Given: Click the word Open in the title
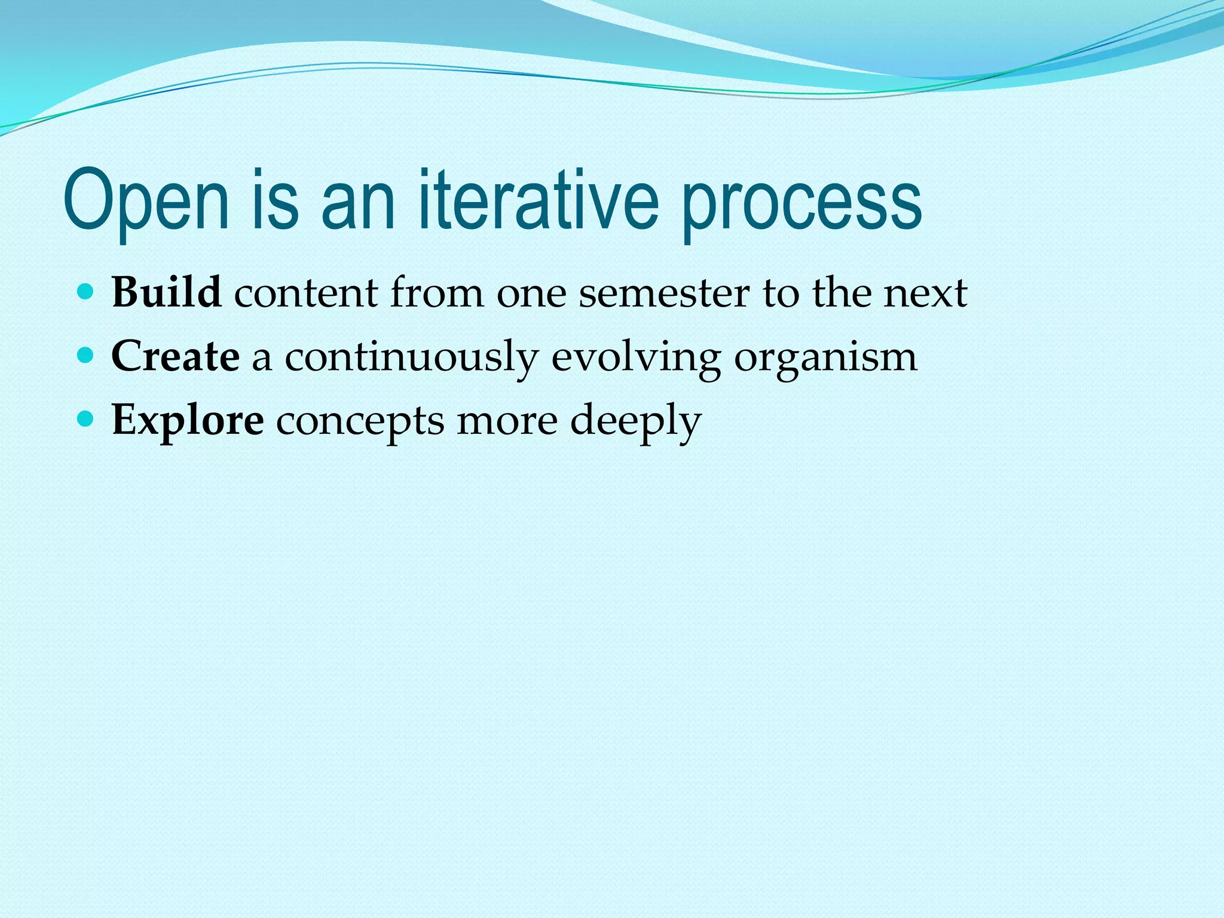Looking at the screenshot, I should coord(146,200).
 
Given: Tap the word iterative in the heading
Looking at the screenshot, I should coord(538,200).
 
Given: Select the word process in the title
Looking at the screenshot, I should coord(801,203).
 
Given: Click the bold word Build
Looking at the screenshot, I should coord(166,293).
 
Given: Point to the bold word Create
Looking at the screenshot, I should coord(175,357).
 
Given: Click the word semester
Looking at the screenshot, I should coord(663,294).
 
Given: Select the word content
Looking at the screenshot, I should coord(306,294).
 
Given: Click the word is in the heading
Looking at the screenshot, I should coord(275,200).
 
